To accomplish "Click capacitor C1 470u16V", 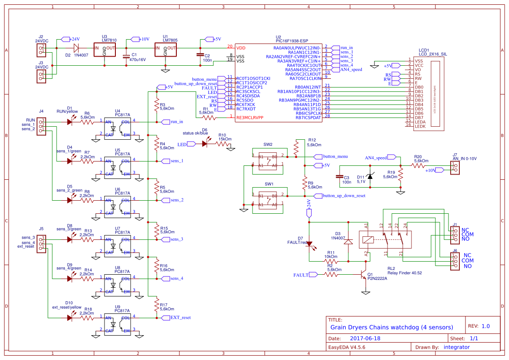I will tap(127, 56).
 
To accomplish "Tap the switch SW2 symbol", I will tap(268, 160).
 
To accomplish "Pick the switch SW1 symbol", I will tap(268, 199).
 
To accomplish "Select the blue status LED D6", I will tap(205, 144).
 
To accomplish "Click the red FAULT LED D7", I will tap(310, 244).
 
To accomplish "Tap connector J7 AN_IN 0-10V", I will tap(455, 167).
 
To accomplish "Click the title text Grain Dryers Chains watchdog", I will tap(391, 327).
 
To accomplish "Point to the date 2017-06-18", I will tap(365, 338).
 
